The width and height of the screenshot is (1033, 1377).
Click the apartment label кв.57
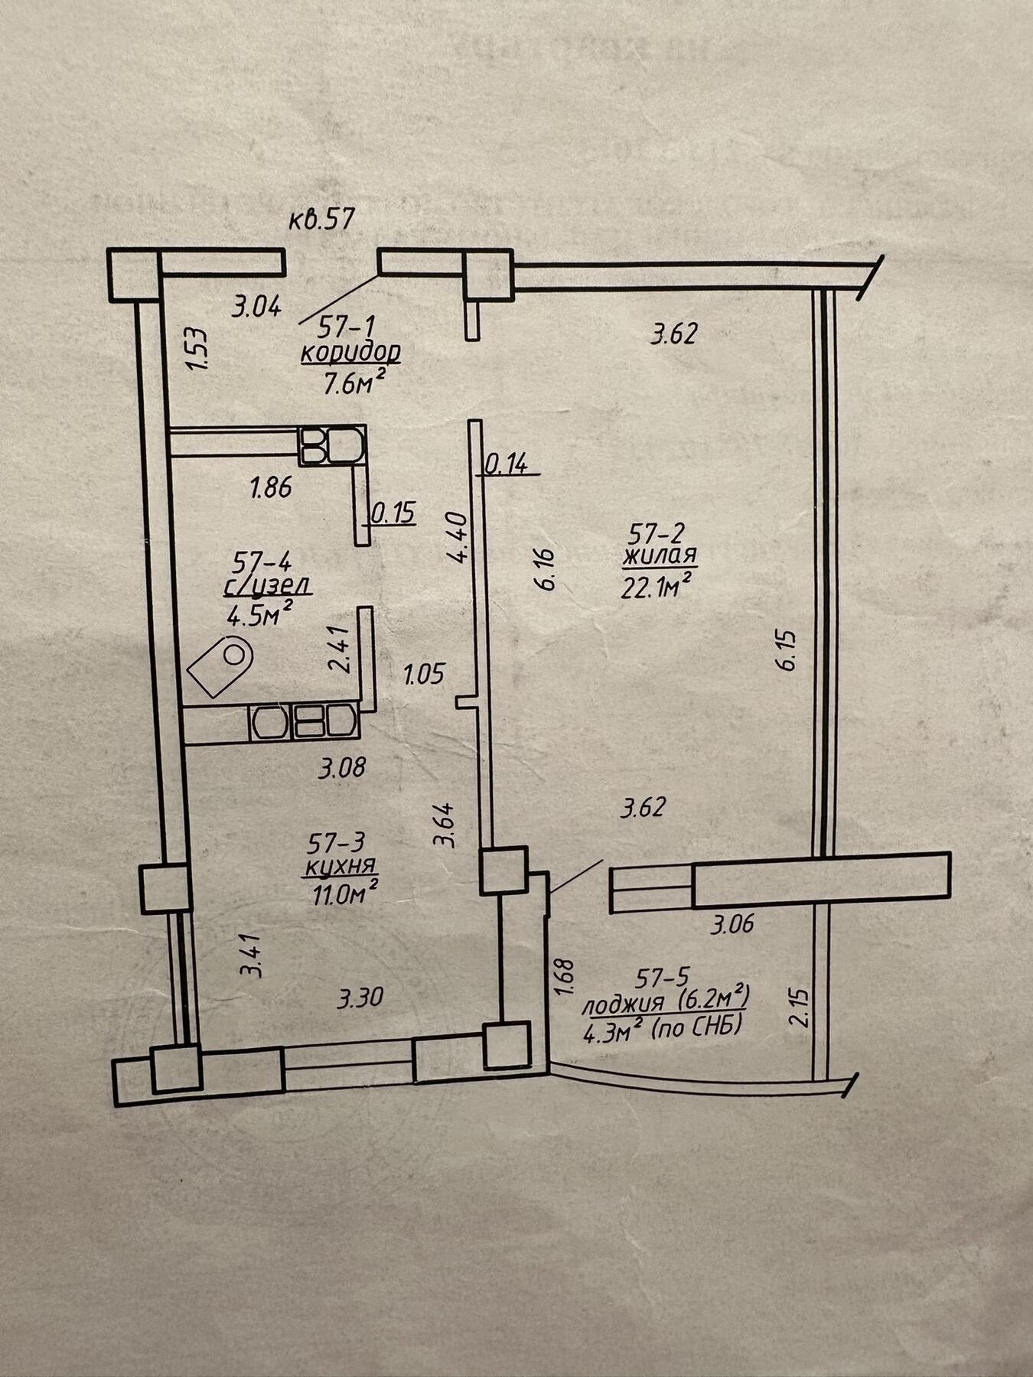coord(322,220)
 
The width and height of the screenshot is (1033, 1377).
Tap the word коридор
coord(350,353)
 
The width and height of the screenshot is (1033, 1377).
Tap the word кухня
coord(341,868)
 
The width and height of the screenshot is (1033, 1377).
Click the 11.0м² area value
coord(344,893)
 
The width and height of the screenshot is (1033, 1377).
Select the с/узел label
coord(267,587)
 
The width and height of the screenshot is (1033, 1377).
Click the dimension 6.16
coord(547,568)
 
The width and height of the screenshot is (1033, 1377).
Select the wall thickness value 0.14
coord(507,464)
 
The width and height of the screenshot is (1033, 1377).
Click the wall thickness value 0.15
coord(393,512)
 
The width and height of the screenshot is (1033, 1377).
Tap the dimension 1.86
coord(272,487)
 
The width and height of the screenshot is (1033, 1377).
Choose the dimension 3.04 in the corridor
coord(257,307)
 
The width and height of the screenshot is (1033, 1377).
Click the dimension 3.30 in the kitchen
coord(360,998)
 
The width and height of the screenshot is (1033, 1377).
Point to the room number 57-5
coord(663,978)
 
